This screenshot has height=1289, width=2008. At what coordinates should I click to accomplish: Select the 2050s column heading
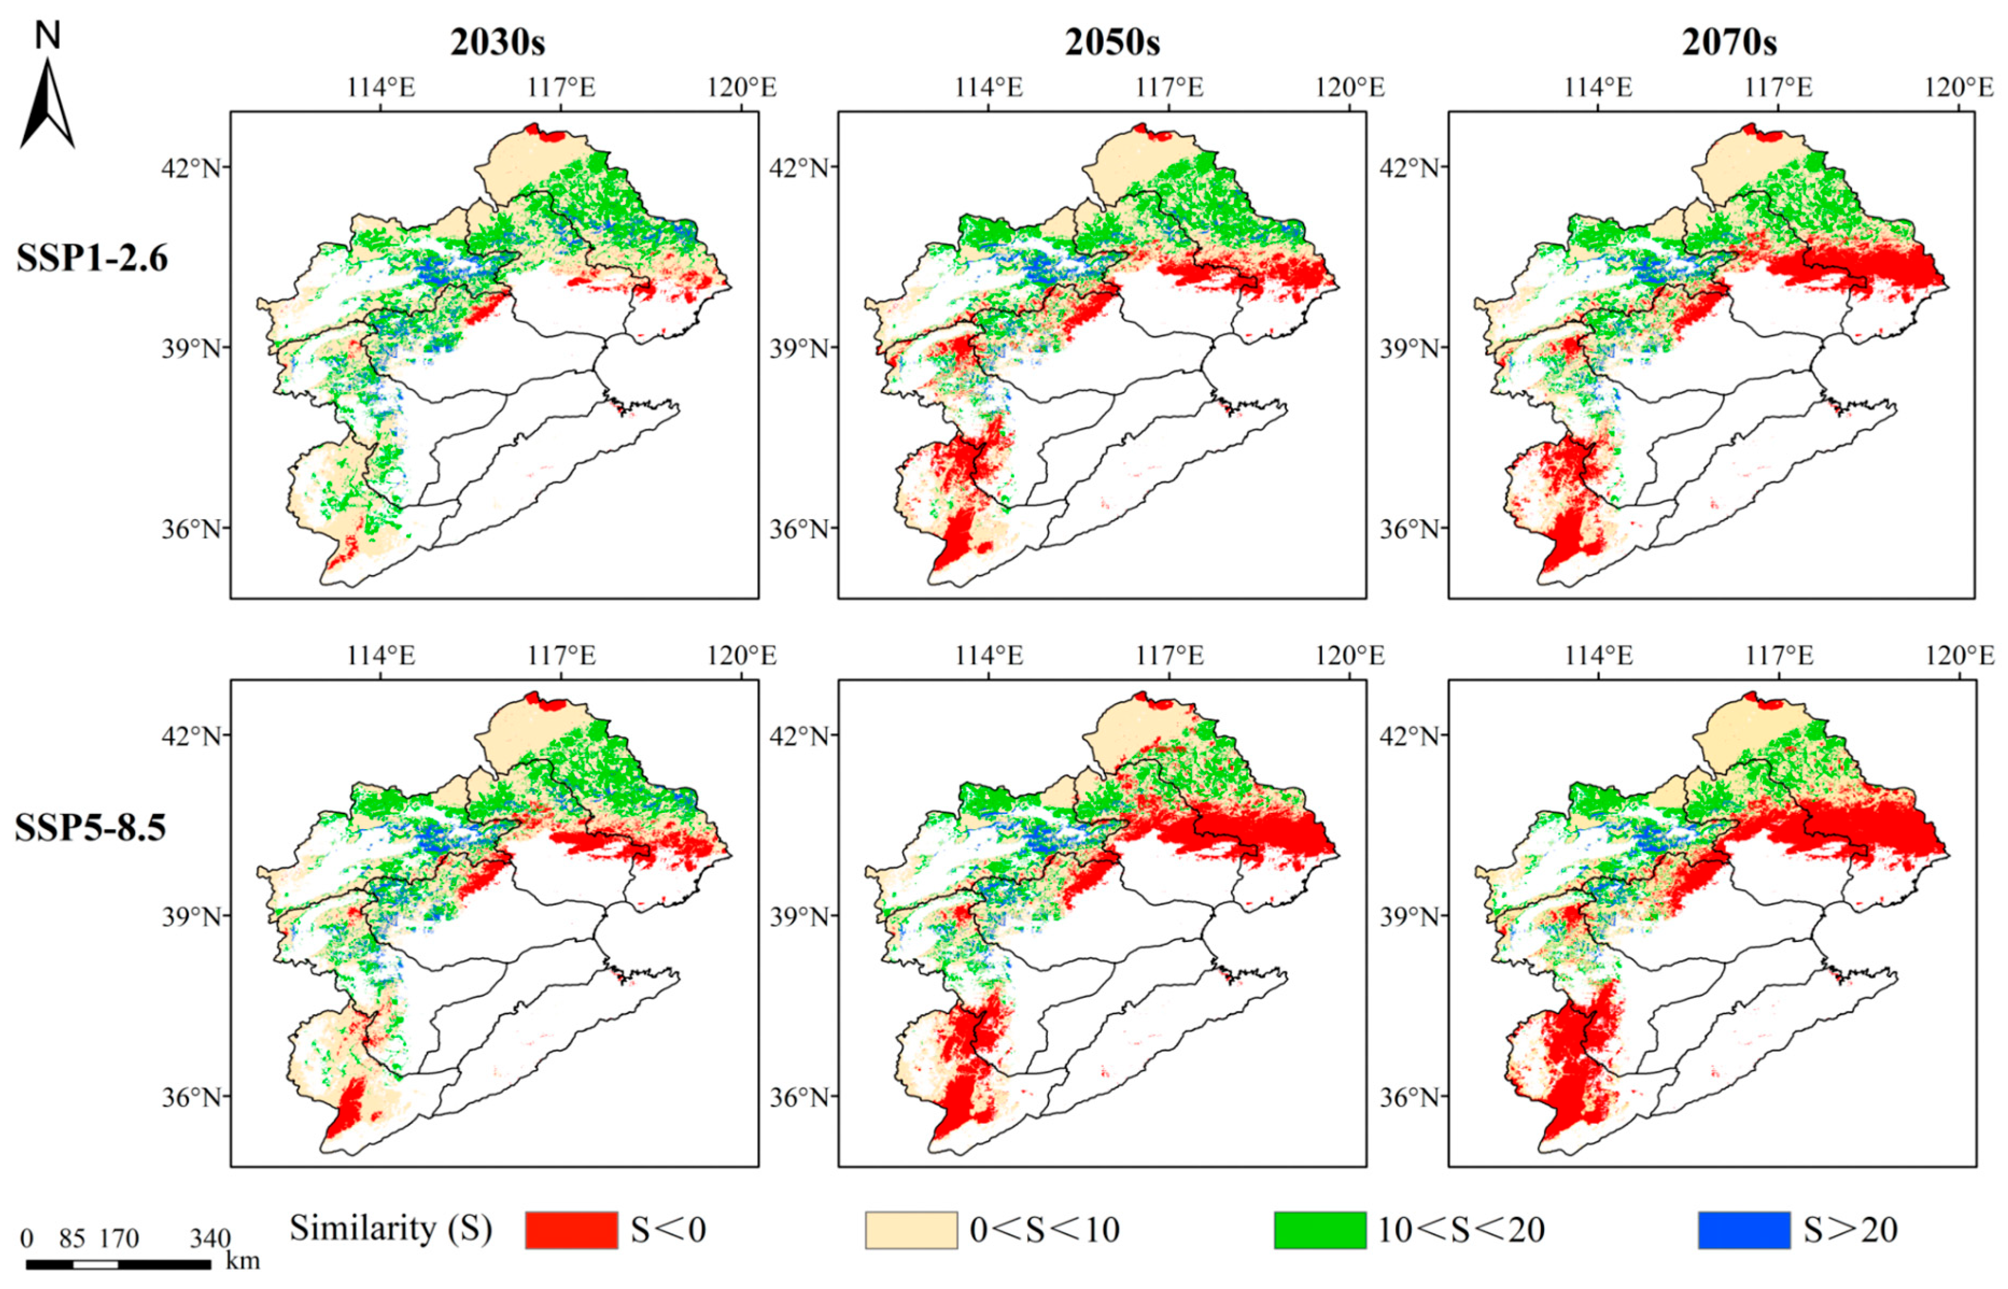tap(1112, 42)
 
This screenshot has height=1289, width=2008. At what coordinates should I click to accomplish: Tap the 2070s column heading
tap(1729, 42)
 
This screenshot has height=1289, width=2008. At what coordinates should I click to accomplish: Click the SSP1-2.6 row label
tap(92, 257)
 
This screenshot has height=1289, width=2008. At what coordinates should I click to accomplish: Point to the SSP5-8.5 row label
tap(90, 827)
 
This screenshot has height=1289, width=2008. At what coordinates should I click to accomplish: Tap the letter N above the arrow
tap(48, 35)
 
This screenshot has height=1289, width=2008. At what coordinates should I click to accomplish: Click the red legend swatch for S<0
tap(571, 1230)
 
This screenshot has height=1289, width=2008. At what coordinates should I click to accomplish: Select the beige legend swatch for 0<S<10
tap(911, 1230)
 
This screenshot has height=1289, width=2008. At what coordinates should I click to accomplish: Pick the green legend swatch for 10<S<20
tap(1320, 1230)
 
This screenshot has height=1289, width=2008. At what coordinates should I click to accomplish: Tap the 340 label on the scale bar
tap(210, 1238)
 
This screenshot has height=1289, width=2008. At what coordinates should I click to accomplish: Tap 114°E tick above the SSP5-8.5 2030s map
tap(381, 655)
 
